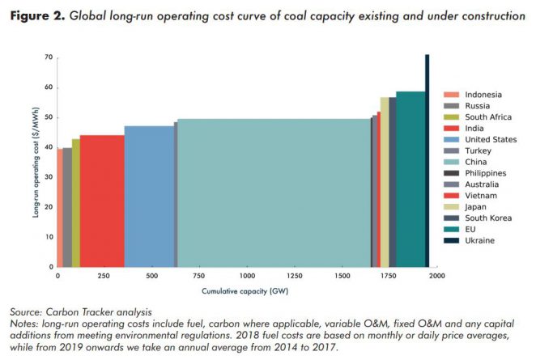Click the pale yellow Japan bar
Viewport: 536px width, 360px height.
click(x=385, y=182)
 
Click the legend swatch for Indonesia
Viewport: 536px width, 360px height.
click(x=451, y=95)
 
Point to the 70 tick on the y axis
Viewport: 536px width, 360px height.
click(x=49, y=57)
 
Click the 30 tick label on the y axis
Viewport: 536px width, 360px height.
click(x=49, y=177)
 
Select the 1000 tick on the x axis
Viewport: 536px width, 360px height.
click(x=246, y=276)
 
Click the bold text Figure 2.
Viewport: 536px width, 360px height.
click(x=37, y=16)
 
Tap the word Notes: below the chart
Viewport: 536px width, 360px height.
click(x=28, y=323)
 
